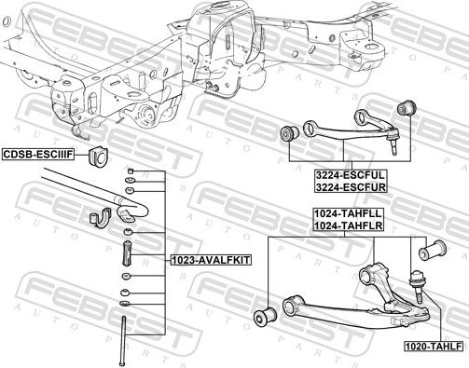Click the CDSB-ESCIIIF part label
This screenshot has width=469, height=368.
[38, 154]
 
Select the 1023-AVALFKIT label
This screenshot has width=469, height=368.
[211, 259]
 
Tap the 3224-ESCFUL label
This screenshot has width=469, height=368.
[351, 175]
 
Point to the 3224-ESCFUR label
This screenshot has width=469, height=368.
[351, 187]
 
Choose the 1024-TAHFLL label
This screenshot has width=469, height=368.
[348, 213]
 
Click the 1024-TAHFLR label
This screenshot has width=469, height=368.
[348, 225]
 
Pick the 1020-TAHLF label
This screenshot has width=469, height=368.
[434, 346]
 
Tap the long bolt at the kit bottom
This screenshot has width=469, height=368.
[123, 341]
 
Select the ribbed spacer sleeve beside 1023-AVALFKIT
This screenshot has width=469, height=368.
[128, 253]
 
